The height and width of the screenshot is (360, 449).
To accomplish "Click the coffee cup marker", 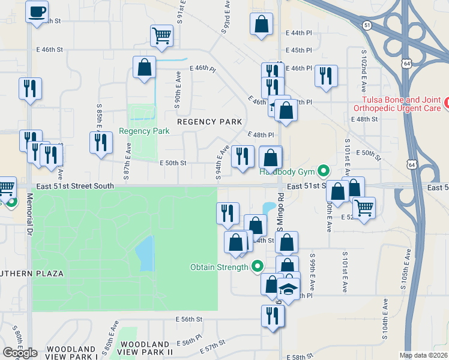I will point(37,11).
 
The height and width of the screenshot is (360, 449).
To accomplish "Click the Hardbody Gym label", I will point(286,172).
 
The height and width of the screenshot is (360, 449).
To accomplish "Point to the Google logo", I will point(20,353).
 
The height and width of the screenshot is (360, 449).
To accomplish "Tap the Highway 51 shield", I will point(367,25).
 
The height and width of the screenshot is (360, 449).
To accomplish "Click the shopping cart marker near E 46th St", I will point(161,35).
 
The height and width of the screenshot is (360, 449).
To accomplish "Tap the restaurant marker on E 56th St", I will point(273,316).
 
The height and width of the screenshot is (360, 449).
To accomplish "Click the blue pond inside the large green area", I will point(145,253).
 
